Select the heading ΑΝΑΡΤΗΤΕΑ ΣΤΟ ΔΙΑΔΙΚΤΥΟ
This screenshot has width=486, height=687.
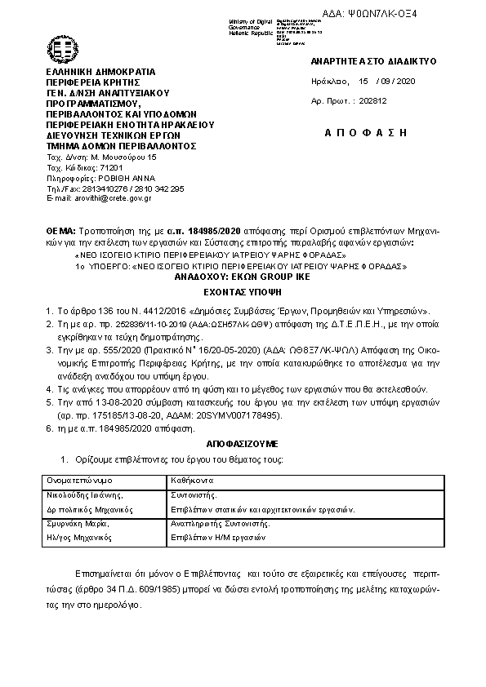pos(374,62)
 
